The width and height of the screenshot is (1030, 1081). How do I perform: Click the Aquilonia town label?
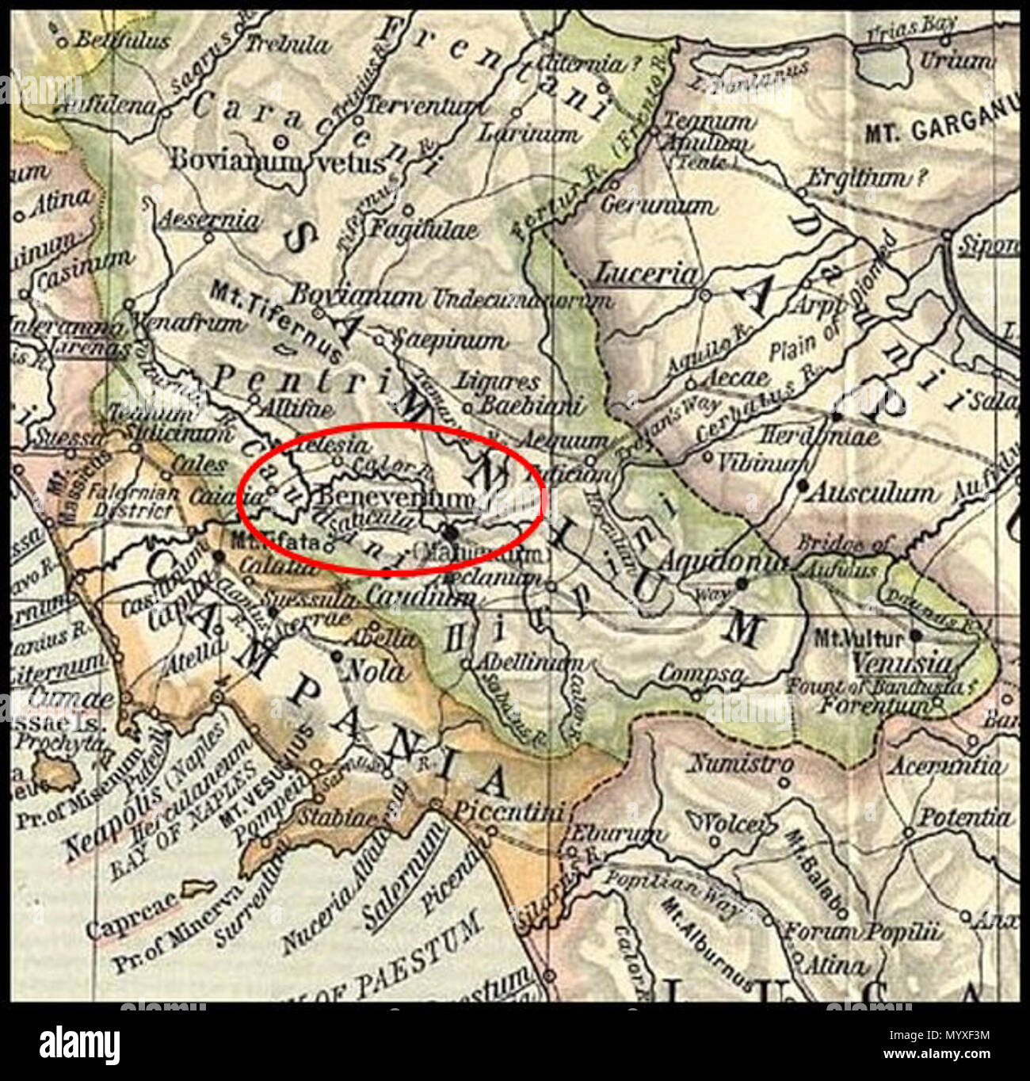tap(723, 561)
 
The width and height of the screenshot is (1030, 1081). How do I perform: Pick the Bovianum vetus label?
tap(277, 161)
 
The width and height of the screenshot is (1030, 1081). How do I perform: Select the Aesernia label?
tap(210, 220)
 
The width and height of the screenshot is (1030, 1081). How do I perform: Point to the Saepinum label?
tap(449, 341)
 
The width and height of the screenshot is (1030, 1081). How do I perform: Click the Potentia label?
tap(963, 817)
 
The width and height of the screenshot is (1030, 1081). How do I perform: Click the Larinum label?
tap(527, 133)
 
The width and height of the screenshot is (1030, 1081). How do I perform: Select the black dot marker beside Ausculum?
tap(803, 484)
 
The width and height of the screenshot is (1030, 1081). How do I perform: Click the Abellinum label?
tap(528, 663)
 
